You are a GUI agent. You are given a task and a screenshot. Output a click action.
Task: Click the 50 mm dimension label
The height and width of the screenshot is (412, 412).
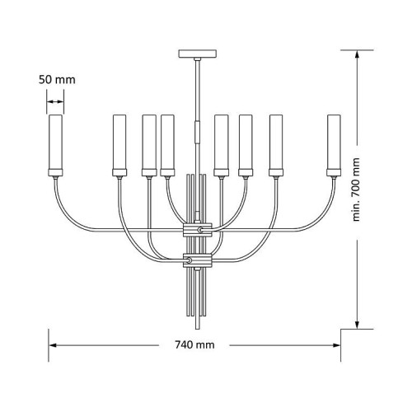tap(57, 80)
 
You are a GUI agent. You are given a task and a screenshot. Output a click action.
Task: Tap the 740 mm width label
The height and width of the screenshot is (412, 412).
tap(194, 344)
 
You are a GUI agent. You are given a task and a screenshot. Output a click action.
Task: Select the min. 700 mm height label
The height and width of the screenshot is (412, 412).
tap(356, 190)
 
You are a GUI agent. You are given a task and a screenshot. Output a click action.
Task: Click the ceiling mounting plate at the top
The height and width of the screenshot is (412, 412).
tap(198, 54)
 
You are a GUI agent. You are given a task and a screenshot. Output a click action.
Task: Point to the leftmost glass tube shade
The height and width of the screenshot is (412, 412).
tap(55, 142)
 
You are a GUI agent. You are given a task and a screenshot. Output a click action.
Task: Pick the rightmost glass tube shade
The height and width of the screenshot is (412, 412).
tap(334, 142)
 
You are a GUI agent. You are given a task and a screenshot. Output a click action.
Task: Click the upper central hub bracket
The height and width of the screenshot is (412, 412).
tap(198, 230)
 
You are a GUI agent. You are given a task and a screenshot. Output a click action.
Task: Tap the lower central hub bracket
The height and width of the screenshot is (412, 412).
tap(198, 260)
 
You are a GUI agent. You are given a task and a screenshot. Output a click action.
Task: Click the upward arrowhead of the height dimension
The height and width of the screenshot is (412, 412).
tap(357, 54)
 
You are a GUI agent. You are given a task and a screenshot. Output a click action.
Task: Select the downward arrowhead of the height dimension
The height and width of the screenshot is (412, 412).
tap(357, 325)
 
